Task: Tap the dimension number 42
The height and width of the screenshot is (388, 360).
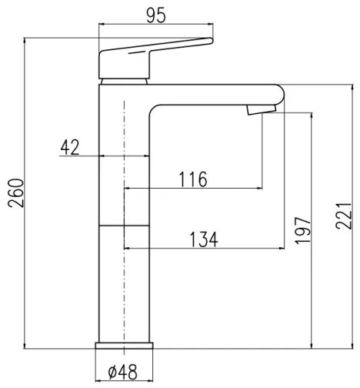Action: coord(71,147)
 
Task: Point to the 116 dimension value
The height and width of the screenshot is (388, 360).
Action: coord(192,179)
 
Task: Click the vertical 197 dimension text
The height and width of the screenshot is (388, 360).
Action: coord(302,231)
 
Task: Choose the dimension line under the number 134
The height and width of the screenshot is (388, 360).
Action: coord(204,249)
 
